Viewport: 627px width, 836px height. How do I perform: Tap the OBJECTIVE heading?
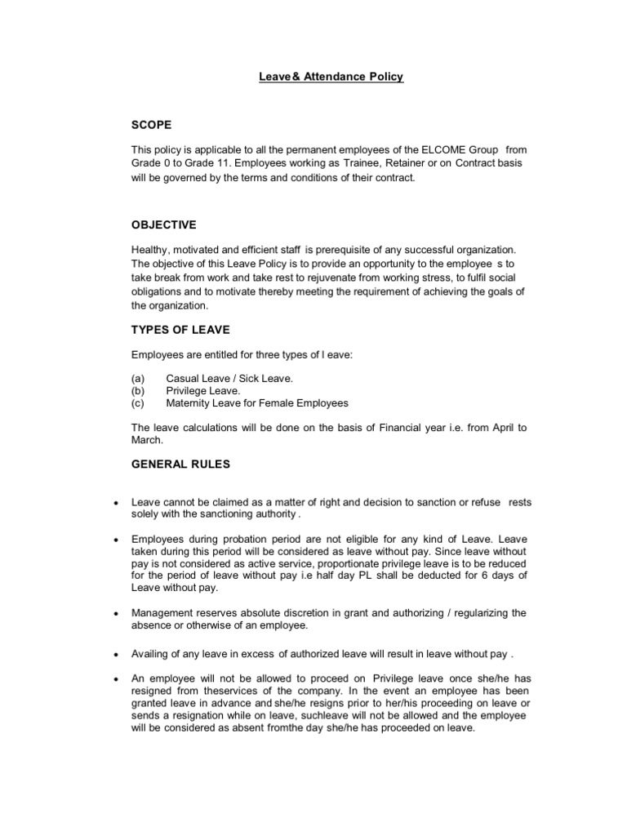coord(163,225)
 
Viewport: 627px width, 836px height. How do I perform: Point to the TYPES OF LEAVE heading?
coord(180,329)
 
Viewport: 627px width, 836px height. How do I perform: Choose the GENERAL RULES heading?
coord(180,464)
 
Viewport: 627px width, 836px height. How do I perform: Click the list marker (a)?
coord(138,378)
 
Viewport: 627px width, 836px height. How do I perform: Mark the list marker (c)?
coord(138,402)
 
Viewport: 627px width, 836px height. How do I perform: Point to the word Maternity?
coord(190,402)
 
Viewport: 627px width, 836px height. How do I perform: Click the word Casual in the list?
coord(184,378)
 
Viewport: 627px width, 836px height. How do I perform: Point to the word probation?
coord(254,540)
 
